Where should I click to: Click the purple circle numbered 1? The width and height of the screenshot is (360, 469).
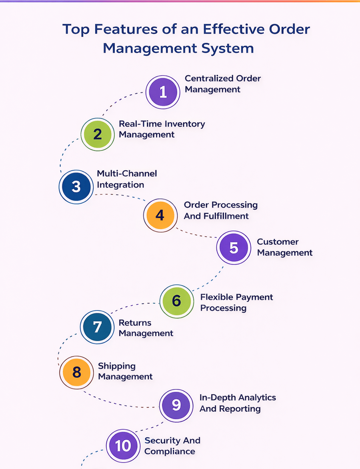pos(163,92)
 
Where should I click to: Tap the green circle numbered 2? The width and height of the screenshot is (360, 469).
pos(98,134)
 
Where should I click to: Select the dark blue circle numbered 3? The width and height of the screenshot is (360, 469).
pos(76,187)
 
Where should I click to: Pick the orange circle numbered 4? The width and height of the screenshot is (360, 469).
pos(160,215)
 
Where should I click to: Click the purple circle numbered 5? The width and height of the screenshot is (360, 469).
pos(234,248)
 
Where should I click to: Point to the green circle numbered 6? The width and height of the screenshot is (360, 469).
pos(176,301)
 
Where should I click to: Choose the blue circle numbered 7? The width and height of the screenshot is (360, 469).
pos(97,327)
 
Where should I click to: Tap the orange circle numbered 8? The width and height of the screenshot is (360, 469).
pos(76,372)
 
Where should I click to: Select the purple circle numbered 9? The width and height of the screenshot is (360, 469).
pos(176,405)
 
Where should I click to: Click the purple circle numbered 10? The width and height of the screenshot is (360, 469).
pos(123,446)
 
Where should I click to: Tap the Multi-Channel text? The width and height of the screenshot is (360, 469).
pos(127,174)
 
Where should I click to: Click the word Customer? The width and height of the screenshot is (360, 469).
pos(278,242)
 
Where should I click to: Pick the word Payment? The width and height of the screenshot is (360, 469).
pos(255,297)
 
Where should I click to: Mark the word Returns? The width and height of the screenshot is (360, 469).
pos(135,323)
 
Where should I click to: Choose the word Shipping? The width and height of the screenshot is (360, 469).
pos(117,366)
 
